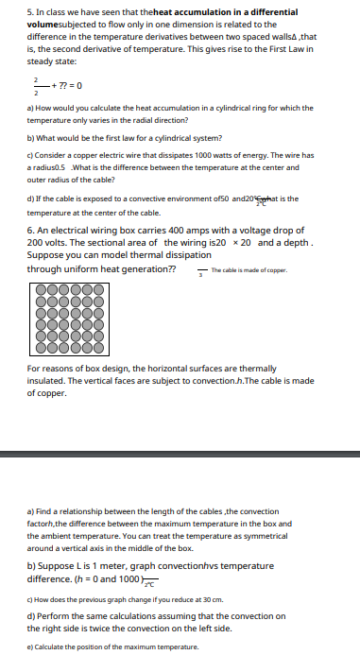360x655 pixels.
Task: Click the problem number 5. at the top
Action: click(31, 12)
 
